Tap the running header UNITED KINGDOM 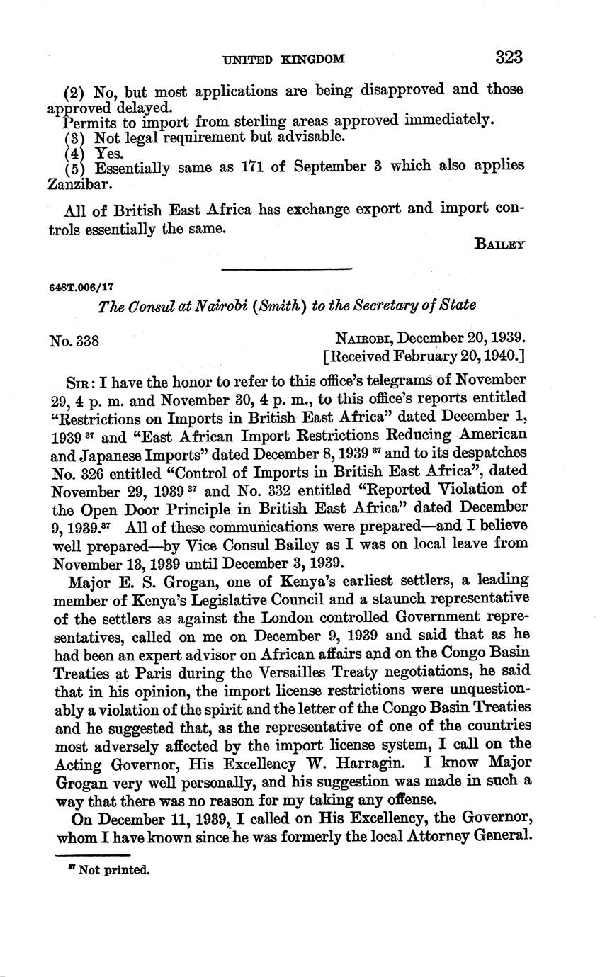[284, 60]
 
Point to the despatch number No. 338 [74, 341]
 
